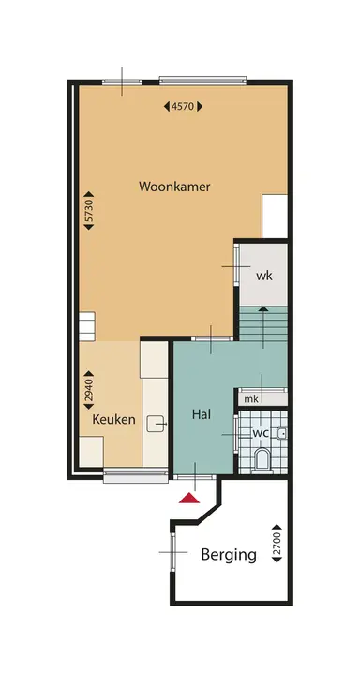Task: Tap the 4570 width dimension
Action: pos(182,107)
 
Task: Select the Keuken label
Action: pos(113,420)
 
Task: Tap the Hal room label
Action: pos(201,413)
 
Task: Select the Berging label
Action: pos(229,554)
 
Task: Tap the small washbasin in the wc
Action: pos(280,433)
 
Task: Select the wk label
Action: pos(263,276)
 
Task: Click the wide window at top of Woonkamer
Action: pos(202,80)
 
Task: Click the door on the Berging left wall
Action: pos(173,551)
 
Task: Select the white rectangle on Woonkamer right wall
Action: pos(275,217)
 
